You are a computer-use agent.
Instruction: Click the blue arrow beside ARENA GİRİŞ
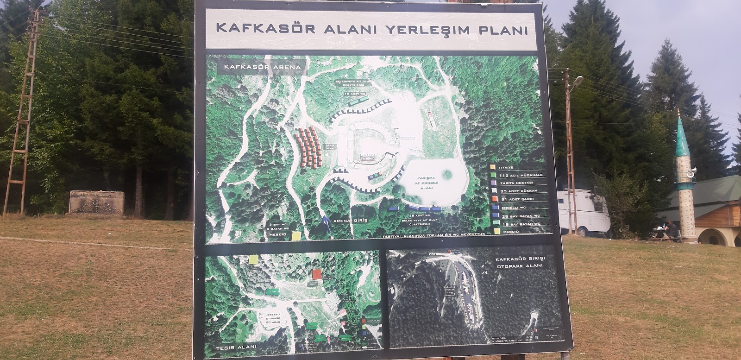click(x=327, y=223)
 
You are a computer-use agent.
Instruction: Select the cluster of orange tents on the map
click(x=308, y=148)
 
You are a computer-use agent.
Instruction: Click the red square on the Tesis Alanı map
click(x=317, y=274)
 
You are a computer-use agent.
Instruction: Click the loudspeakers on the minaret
click(x=691, y=174)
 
